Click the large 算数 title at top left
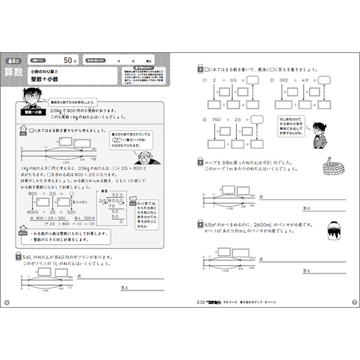14,74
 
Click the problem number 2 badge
200,69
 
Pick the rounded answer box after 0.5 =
251,79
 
